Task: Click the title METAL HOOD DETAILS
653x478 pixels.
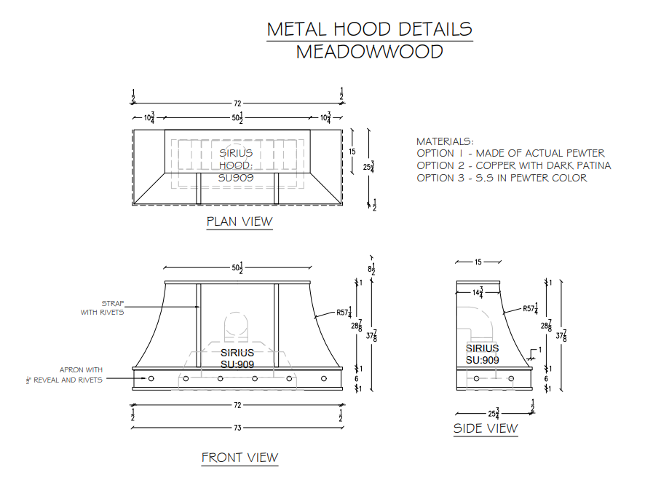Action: point(369,29)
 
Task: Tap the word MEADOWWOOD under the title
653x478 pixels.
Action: point(369,52)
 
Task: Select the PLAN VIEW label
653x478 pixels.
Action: point(239,222)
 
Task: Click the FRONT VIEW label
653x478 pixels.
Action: point(240,458)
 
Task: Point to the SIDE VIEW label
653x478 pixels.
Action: point(486,428)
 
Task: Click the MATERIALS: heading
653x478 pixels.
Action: point(445,141)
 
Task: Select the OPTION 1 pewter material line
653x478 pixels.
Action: point(510,153)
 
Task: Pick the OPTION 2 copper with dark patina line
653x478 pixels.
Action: point(513,165)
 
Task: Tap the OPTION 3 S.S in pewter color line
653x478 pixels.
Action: point(502,178)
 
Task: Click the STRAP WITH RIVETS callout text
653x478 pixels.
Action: point(102,307)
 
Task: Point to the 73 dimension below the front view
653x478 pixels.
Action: point(237,428)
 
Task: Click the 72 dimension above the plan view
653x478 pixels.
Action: point(237,104)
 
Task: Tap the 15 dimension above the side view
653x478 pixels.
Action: point(478,262)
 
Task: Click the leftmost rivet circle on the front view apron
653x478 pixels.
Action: point(151,379)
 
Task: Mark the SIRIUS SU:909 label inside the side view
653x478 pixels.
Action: point(482,355)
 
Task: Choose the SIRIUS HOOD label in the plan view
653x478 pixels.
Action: point(236,165)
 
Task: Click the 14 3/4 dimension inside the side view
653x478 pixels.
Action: point(477,292)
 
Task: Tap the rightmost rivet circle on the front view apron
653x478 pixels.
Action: point(324,379)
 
